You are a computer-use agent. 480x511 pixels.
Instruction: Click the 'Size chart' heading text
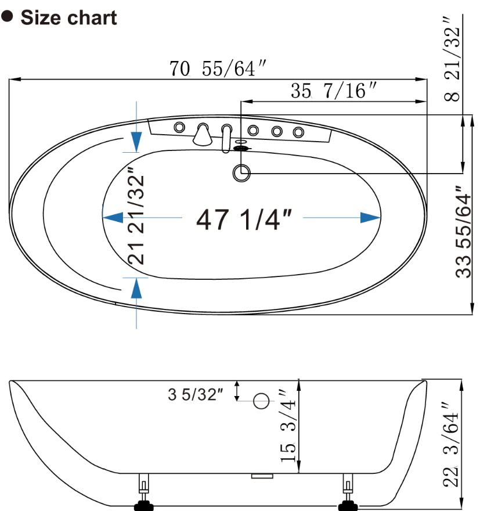(x=68, y=17)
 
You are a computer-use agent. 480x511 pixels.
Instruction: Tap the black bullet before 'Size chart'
(x=7, y=16)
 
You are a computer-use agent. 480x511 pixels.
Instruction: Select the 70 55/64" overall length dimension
(x=218, y=69)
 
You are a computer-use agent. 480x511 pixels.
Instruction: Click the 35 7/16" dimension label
(x=333, y=91)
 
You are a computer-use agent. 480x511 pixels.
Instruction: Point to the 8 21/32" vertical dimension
(x=452, y=59)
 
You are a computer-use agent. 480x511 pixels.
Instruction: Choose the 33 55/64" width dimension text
(x=463, y=232)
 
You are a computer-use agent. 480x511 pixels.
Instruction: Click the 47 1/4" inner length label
(x=244, y=219)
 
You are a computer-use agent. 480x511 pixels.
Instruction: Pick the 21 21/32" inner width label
(x=136, y=216)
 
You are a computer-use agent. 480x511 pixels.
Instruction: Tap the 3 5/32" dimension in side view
(x=196, y=394)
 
